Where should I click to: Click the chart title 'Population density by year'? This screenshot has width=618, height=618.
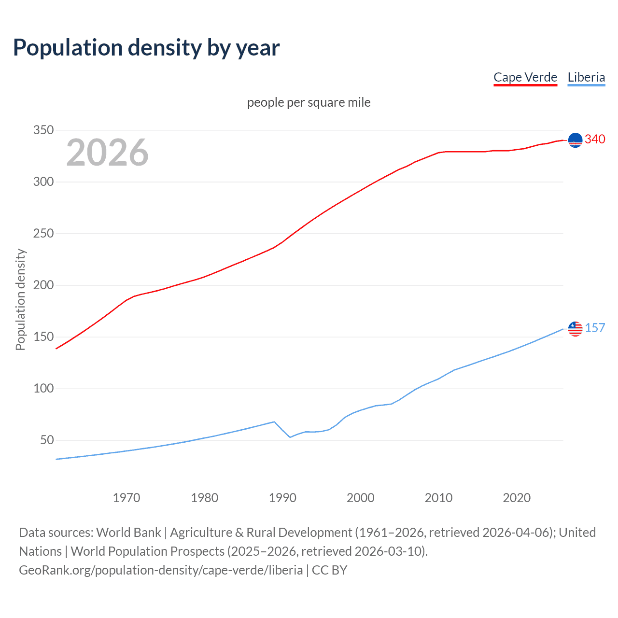pyautogui.click(x=146, y=48)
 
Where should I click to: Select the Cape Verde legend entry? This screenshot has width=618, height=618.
pyautogui.click(x=525, y=77)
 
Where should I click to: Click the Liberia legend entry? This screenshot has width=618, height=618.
pyautogui.click(x=586, y=77)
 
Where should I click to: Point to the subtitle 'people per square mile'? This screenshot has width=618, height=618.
pyautogui.click(x=309, y=103)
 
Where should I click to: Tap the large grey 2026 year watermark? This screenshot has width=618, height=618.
pyautogui.click(x=107, y=153)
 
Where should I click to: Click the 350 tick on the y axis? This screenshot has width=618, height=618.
pyautogui.click(x=43, y=130)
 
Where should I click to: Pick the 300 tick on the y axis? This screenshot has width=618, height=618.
pyautogui.click(x=43, y=182)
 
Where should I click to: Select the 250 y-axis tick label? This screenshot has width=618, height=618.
pyautogui.click(x=43, y=234)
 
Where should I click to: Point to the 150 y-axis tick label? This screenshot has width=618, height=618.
pyautogui.click(x=43, y=337)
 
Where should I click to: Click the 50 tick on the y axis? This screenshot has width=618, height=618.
pyautogui.click(x=47, y=440)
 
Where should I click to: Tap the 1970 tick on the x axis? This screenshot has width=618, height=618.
pyautogui.click(x=126, y=498)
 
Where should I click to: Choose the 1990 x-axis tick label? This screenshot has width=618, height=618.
pyautogui.click(x=282, y=498)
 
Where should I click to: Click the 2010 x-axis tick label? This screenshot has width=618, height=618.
pyautogui.click(x=438, y=498)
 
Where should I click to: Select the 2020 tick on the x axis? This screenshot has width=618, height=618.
pyautogui.click(x=517, y=498)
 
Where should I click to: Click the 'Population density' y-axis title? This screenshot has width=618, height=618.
pyautogui.click(x=20, y=299)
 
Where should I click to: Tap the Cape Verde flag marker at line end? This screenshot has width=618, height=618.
pyautogui.click(x=575, y=140)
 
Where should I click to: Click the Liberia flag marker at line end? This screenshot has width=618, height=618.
pyautogui.click(x=575, y=329)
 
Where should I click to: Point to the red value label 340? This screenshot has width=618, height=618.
pyautogui.click(x=595, y=140)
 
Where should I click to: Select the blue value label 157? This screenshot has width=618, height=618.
pyautogui.click(x=595, y=328)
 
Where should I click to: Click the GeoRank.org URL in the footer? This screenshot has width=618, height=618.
pyautogui.click(x=161, y=570)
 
